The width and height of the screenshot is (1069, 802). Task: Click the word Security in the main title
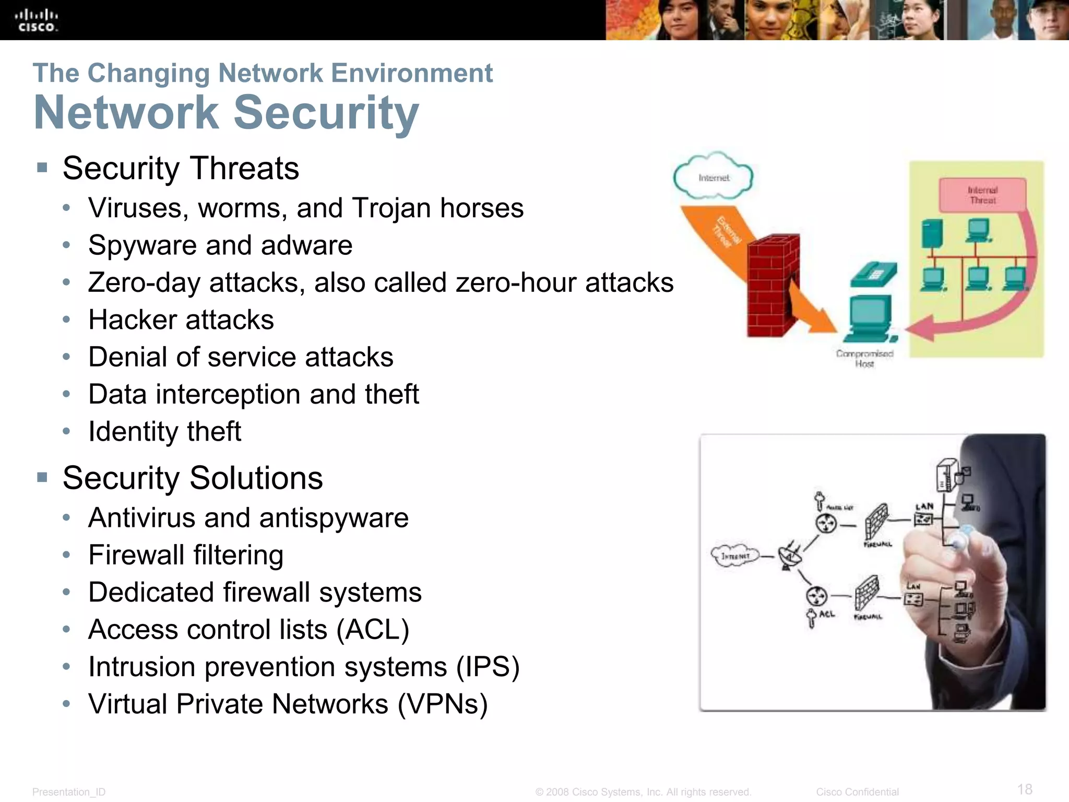[x=326, y=113]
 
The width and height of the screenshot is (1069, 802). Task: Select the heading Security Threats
[x=181, y=168]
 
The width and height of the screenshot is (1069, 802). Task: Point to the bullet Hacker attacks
[x=181, y=320]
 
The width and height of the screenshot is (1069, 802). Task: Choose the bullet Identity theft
[x=164, y=431]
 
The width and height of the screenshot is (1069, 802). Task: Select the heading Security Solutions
[x=193, y=478]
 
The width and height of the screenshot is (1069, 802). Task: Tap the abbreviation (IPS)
[x=488, y=667]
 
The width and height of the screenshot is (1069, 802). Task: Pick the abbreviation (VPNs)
[x=442, y=704]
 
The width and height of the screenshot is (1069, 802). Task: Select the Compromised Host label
[x=864, y=358]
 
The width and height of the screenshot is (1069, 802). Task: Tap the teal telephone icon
[x=873, y=274]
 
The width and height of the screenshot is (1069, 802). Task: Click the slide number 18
[x=1025, y=789]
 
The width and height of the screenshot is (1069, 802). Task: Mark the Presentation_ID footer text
[x=69, y=792]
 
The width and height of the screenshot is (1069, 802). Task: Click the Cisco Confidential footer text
[x=857, y=792]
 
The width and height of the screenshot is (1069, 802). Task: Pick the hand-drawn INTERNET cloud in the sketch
[x=735, y=556]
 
